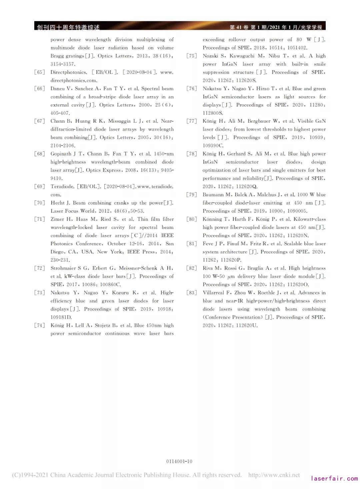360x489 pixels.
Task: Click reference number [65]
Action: tap(39, 72)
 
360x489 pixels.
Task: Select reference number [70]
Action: tap(39, 203)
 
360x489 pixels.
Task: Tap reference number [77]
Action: tap(192, 121)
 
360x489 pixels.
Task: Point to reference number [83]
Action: tap(192, 293)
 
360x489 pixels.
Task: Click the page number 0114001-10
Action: tap(179, 461)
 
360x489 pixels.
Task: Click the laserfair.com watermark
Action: tap(334, 478)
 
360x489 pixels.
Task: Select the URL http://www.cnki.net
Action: tap(274, 475)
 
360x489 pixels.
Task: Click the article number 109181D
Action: tap(61, 317)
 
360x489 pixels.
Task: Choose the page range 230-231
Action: tap(60, 260)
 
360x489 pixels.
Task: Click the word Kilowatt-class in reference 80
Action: tap(310, 219)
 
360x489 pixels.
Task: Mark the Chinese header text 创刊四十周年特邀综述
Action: tap(68, 27)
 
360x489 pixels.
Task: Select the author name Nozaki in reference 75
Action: tap(210, 56)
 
